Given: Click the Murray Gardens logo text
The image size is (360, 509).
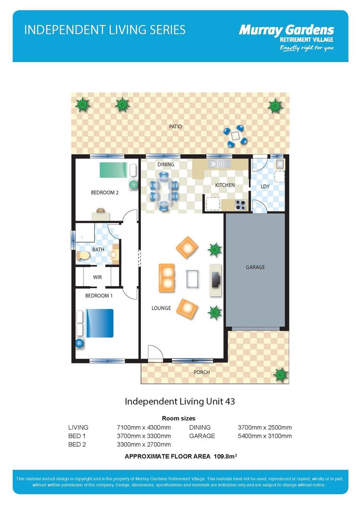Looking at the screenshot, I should click(286, 31).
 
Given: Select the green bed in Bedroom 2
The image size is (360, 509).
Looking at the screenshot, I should click(114, 169).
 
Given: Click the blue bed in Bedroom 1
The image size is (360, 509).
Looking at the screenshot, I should click(98, 323).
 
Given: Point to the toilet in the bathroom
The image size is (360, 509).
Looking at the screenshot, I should click(83, 255).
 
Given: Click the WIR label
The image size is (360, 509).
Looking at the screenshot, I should click(98, 278).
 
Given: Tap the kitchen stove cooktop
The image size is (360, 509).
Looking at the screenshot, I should click(240, 205).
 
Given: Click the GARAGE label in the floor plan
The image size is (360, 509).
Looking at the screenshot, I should click(255, 267).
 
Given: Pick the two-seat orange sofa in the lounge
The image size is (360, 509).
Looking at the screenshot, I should click(167, 278).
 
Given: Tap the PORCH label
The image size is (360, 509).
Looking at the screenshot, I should click(202, 372).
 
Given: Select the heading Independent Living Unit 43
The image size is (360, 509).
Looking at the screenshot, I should click(180, 402).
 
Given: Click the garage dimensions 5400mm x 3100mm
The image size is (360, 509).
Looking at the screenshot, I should click(265, 436).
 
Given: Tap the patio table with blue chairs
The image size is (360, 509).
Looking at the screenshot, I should click(236, 135).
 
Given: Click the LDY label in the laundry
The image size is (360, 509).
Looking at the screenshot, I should click(265, 187).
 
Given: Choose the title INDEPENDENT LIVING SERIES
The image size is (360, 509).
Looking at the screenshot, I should click(105, 30).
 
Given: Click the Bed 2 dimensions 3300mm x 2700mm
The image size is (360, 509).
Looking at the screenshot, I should click(143, 444).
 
